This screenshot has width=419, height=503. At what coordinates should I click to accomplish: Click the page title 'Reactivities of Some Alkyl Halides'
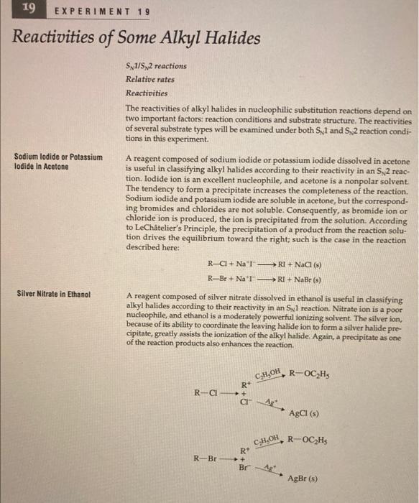point(137,38)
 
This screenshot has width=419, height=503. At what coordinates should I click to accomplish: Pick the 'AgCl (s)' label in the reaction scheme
point(303,413)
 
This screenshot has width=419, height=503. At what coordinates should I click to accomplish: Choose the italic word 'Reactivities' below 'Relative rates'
point(147,93)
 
